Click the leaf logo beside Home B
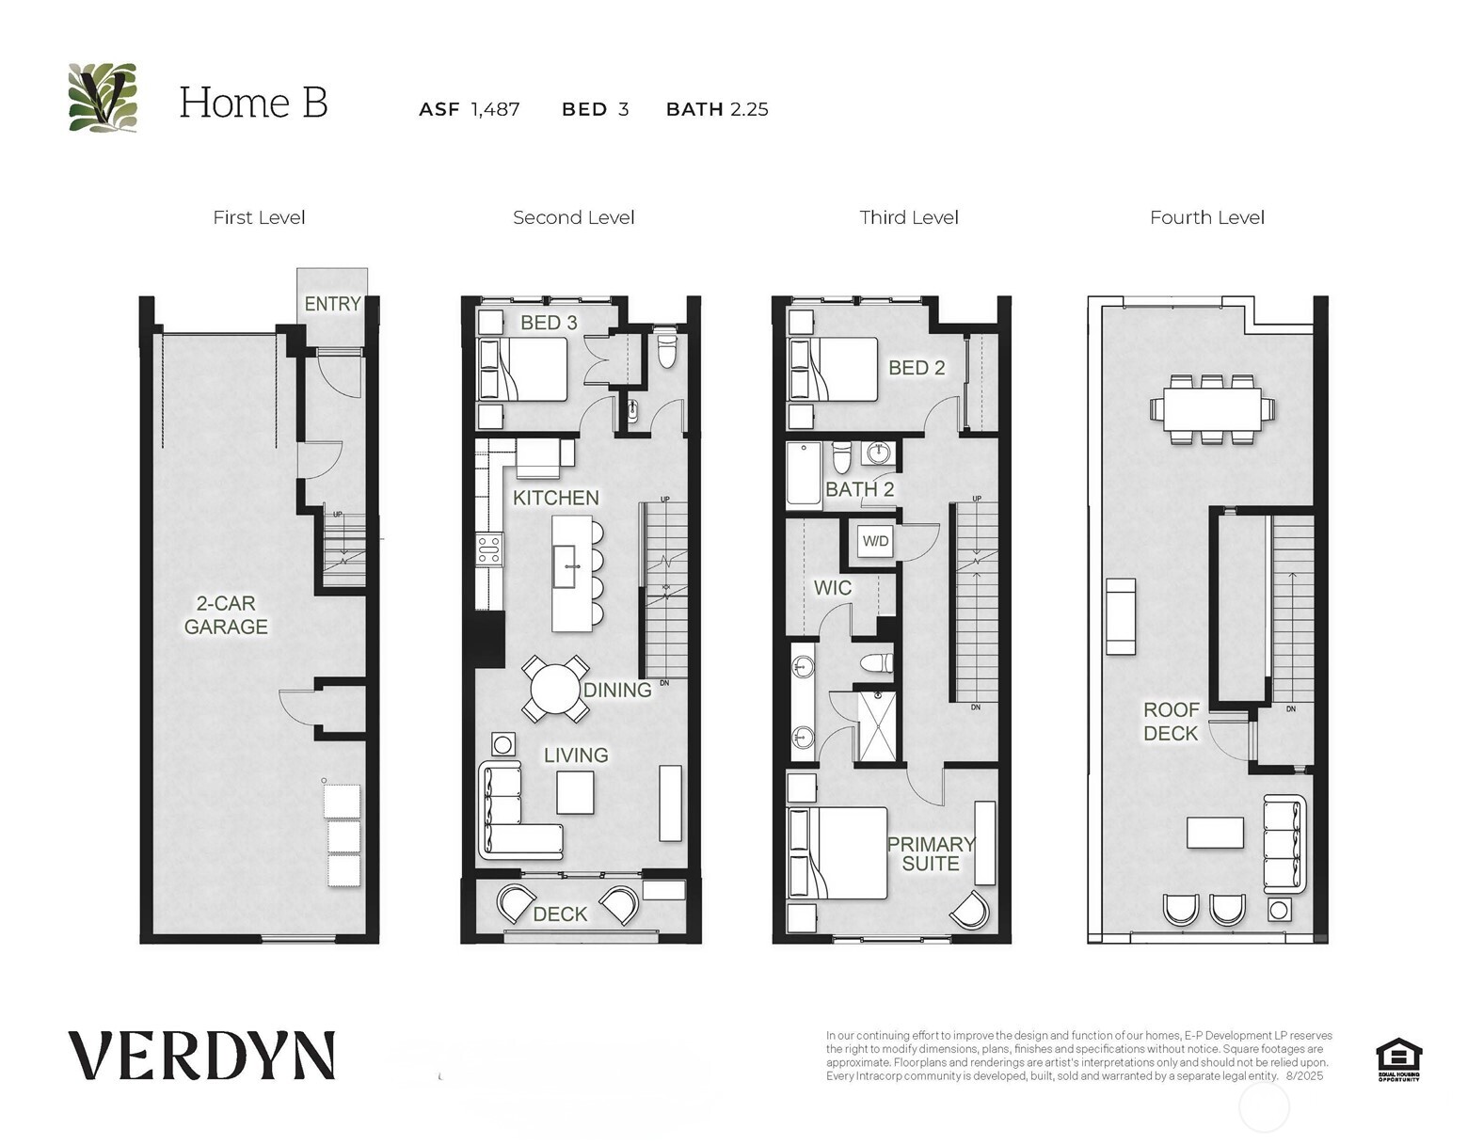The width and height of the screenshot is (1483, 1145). point(103,98)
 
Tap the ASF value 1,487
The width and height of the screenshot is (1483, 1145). point(496,109)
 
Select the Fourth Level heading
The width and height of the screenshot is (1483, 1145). point(1206,217)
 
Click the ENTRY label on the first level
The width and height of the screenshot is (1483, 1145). point(332,303)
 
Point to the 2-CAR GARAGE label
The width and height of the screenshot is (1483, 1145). point(226,614)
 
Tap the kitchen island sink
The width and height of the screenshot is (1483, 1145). point(565,566)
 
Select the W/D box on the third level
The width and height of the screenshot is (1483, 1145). point(875,542)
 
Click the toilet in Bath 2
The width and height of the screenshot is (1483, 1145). point(841,457)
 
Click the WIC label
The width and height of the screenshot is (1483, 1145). point(832,588)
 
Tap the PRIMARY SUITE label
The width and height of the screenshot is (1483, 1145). point(931,853)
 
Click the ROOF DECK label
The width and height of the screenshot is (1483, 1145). point(1171,722)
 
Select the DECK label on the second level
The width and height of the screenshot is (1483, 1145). point(560,914)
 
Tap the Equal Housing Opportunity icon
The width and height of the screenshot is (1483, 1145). point(1397,1058)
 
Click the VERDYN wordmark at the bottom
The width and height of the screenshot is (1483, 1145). point(201,1056)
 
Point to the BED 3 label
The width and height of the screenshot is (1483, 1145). point(549,323)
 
